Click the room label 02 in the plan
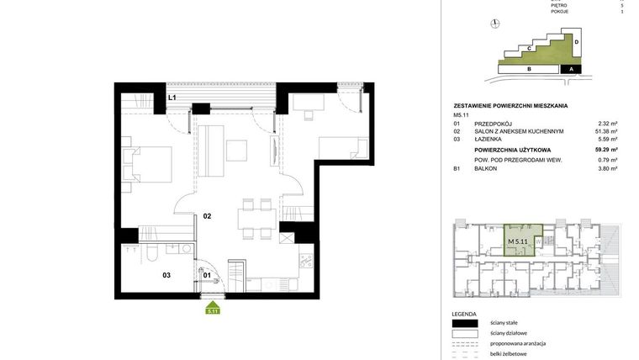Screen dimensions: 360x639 [207, 216]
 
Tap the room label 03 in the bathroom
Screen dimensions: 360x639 [166, 274]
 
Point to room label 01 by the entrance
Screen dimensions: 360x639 [207, 274]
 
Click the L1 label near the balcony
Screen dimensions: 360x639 [172, 98]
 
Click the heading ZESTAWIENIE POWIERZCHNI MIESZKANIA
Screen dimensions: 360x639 [510, 105]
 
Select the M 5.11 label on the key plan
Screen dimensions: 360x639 [518, 241]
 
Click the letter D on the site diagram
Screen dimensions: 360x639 [577, 41]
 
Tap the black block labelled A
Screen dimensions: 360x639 [572, 70]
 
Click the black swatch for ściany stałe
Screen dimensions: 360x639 [465, 323]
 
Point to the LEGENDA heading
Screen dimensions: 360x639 [465, 313]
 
